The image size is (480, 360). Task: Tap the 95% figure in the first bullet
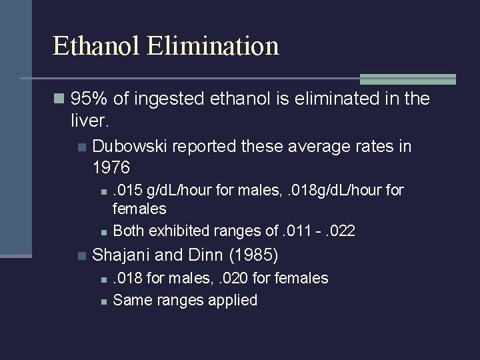[x=89, y=100]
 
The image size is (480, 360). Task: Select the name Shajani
[x=121, y=255]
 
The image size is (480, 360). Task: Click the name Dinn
[x=203, y=255]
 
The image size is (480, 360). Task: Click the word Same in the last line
[x=132, y=300]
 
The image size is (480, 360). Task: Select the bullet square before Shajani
[x=82, y=255]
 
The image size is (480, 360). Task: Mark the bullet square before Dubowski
[x=82, y=147]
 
